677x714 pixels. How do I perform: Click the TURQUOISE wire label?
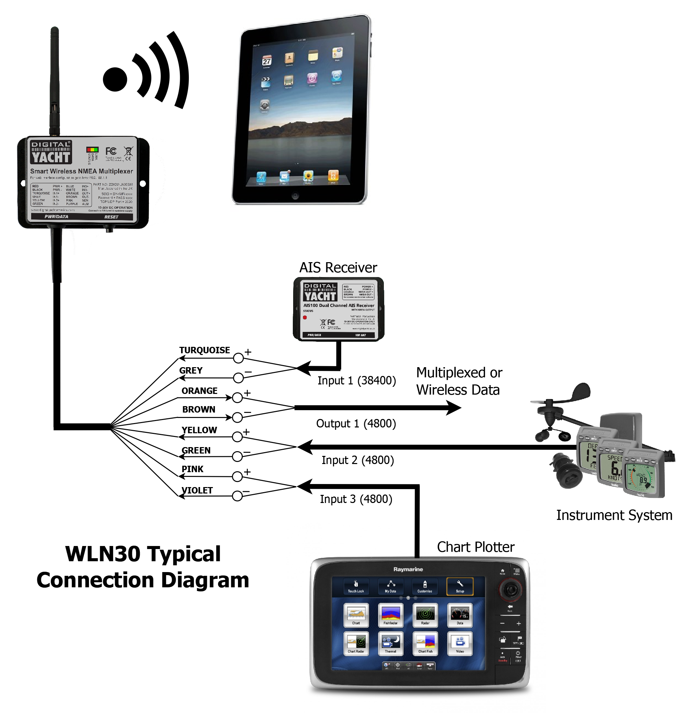(204, 350)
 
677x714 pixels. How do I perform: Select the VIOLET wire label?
(197, 490)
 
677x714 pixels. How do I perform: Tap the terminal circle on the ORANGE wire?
(237, 398)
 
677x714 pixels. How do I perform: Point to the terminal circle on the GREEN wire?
(237, 457)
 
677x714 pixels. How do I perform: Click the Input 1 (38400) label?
(356, 380)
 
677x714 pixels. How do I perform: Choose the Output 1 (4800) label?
(356, 423)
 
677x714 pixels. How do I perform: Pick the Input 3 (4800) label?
(356, 499)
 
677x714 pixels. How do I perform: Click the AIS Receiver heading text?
(338, 268)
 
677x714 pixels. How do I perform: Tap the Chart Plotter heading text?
(475, 547)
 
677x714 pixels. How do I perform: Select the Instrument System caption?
(614, 515)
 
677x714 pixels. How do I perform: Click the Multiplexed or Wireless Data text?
(459, 381)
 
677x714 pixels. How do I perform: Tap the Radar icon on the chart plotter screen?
(425, 614)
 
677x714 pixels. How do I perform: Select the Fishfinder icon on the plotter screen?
(391, 614)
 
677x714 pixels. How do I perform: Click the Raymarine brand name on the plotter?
(408, 569)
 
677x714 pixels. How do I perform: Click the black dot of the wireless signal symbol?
(115, 79)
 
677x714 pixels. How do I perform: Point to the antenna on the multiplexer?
(54, 80)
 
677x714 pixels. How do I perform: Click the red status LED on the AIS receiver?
(305, 317)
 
